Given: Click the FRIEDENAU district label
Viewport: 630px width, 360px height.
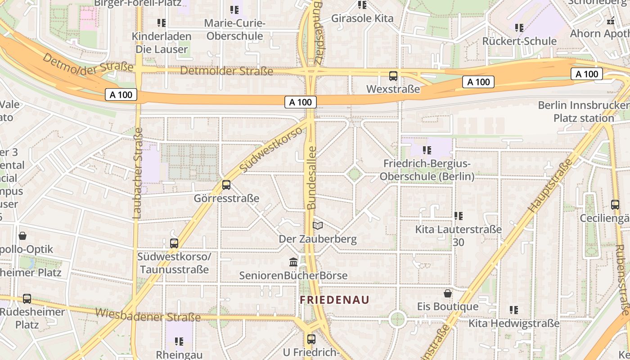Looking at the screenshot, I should [334, 300].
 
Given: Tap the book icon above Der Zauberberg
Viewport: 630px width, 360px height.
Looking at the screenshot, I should [318, 225].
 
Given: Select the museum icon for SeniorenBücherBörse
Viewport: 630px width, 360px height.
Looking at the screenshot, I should [293, 261].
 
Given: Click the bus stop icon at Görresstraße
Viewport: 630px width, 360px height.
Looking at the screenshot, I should [226, 184].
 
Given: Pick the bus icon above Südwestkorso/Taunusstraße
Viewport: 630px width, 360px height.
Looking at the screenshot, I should [174, 243].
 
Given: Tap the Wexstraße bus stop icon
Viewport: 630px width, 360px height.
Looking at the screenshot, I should [393, 76].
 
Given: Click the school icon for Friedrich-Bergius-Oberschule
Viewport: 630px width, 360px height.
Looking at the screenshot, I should [427, 150].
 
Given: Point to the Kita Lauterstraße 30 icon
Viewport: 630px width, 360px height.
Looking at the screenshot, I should [459, 216].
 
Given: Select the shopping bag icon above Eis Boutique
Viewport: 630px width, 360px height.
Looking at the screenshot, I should [448, 293].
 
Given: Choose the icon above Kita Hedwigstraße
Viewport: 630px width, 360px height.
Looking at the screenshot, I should [514, 310].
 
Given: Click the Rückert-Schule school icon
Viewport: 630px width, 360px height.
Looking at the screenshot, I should [519, 28].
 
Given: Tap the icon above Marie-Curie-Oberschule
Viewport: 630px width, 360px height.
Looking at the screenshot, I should [234, 9].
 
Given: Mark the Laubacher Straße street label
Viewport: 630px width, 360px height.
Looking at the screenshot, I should [138, 173].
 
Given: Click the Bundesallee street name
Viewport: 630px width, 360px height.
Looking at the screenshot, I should [311, 177].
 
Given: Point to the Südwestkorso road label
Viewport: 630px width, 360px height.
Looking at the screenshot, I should [271, 149].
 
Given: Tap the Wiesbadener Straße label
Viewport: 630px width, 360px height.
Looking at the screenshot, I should [148, 315].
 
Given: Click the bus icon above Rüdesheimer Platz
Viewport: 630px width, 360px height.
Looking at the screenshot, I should [27, 298].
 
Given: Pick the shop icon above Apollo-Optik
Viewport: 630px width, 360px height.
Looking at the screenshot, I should [22, 235].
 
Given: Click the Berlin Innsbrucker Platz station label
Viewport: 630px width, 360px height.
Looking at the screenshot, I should [584, 112].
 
